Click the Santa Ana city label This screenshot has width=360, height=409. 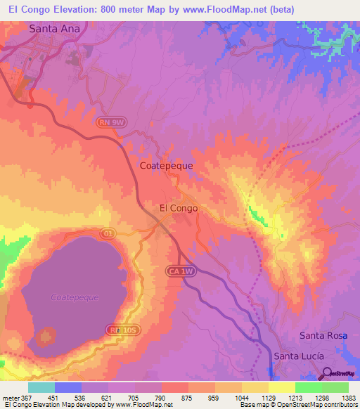pyautogui.click(x=59, y=29)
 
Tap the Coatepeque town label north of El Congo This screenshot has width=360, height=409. pyautogui.click(x=167, y=166)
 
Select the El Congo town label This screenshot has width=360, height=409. pyautogui.click(x=179, y=208)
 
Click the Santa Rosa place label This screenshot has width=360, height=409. pyautogui.click(x=323, y=335)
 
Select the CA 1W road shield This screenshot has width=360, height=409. pyautogui.click(x=179, y=270)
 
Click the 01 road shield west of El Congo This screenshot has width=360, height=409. pyautogui.click(x=108, y=231)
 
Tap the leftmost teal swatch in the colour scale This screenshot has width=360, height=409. pyautogui.click(x=41, y=387)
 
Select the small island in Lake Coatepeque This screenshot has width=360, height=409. pyautogui.click(x=47, y=336)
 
